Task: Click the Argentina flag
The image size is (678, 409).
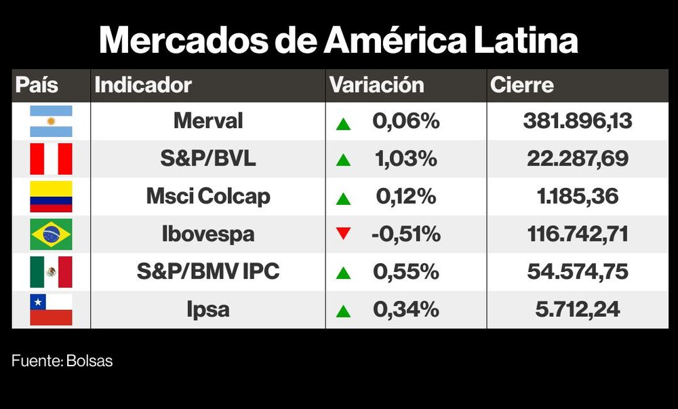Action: coord(51,121)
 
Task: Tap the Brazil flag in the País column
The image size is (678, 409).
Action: coord(51,235)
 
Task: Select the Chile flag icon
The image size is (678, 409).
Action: coord(51,310)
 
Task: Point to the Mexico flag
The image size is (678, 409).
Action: coord(51,273)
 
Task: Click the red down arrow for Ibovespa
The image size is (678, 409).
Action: coord(343,235)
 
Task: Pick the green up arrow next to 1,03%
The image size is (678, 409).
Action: coord(343,160)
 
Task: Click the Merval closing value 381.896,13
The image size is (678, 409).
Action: coord(577,121)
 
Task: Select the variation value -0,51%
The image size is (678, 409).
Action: coord(406,235)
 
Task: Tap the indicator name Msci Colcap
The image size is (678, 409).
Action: coord(208,197)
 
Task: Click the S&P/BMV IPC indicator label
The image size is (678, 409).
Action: coord(208,272)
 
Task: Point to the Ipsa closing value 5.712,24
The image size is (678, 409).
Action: coord(577,310)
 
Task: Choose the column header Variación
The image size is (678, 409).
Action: coord(376,85)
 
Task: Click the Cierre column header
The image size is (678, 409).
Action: coord(522,85)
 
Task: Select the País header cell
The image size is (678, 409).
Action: coord(37,85)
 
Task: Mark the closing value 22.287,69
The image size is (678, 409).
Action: coord(577,159)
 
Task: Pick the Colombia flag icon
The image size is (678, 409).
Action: coord(51,197)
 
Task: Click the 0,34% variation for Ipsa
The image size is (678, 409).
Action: coord(406,310)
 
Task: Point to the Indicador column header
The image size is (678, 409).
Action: coord(143,85)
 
